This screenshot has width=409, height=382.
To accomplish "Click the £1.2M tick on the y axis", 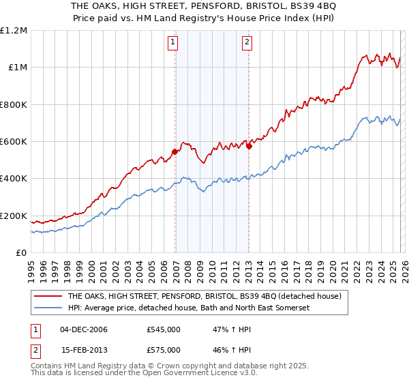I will tap(14, 31).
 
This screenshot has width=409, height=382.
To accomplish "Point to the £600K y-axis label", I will tap(14, 142).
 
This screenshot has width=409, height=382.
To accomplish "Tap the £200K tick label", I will tap(14, 216).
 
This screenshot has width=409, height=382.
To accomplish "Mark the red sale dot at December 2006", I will tap(175, 151).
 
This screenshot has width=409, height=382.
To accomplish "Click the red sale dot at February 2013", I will tap(249, 145).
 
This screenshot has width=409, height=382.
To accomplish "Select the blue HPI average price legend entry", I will tap(189, 308).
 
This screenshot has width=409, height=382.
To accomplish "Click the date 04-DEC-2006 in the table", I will tap(84, 329).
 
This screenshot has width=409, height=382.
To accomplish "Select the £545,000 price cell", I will tap(164, 329).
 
